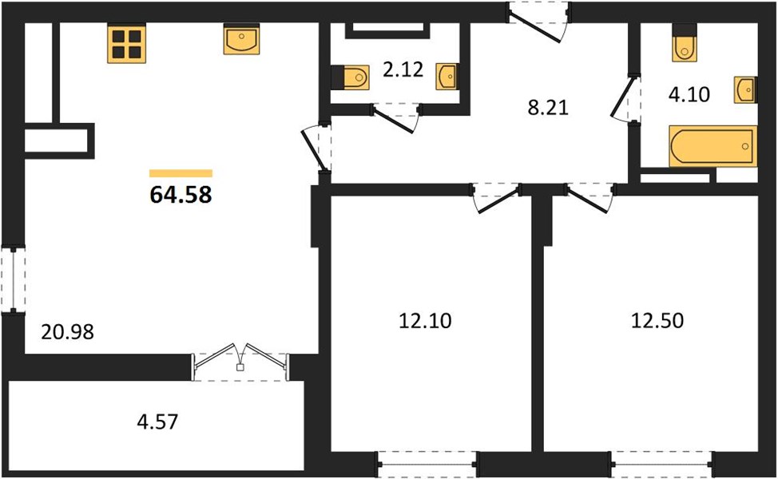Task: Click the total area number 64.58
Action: point(181,194)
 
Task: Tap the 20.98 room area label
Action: point(67,332)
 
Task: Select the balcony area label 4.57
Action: point(157,422)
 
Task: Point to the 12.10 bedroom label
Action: point(425,321)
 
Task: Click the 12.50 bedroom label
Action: point(657,321)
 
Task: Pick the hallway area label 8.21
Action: point(548,107)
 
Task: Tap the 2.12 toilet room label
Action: point(403,69)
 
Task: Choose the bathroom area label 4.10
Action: point(689,93)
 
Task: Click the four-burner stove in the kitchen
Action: point(126,44)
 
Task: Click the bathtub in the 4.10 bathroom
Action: point(713,146)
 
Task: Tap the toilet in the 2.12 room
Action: point(351,77)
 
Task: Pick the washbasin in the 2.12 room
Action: point(447,77)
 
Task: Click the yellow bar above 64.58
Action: point(181,173)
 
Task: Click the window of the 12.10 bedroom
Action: point(427,465)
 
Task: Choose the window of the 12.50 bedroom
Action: point(662,465)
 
